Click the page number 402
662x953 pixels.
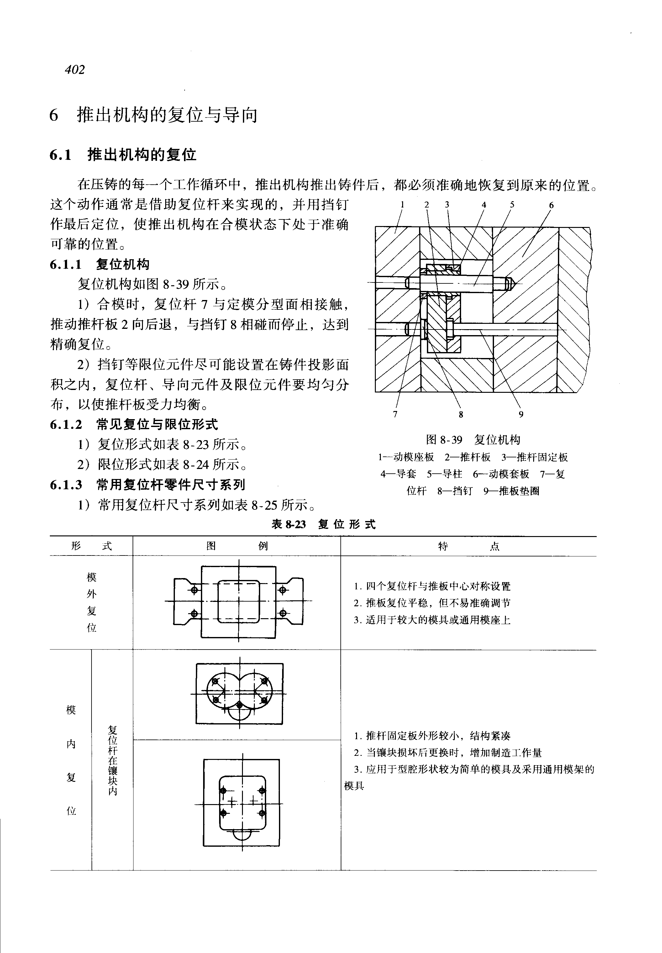[x=75, y=69]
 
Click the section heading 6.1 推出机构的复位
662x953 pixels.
[x=123, y=155]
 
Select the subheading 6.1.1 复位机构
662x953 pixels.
[x=100, y=264]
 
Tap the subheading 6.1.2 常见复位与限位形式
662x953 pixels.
[x=134, y=424]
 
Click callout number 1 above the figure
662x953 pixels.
[x=402, y=204]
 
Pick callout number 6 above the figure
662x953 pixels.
[x=551, y=204]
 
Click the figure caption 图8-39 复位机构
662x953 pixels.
[x=473, y=440]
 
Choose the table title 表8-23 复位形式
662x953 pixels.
[x=323, y=524]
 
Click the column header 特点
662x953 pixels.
[x=468, y=546]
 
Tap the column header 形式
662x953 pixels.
[x=91, y=546]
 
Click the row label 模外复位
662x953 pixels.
[x=91, y=603]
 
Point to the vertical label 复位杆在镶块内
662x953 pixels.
[x=113, y=760]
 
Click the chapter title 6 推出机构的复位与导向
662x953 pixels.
[x=154, y=115]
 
